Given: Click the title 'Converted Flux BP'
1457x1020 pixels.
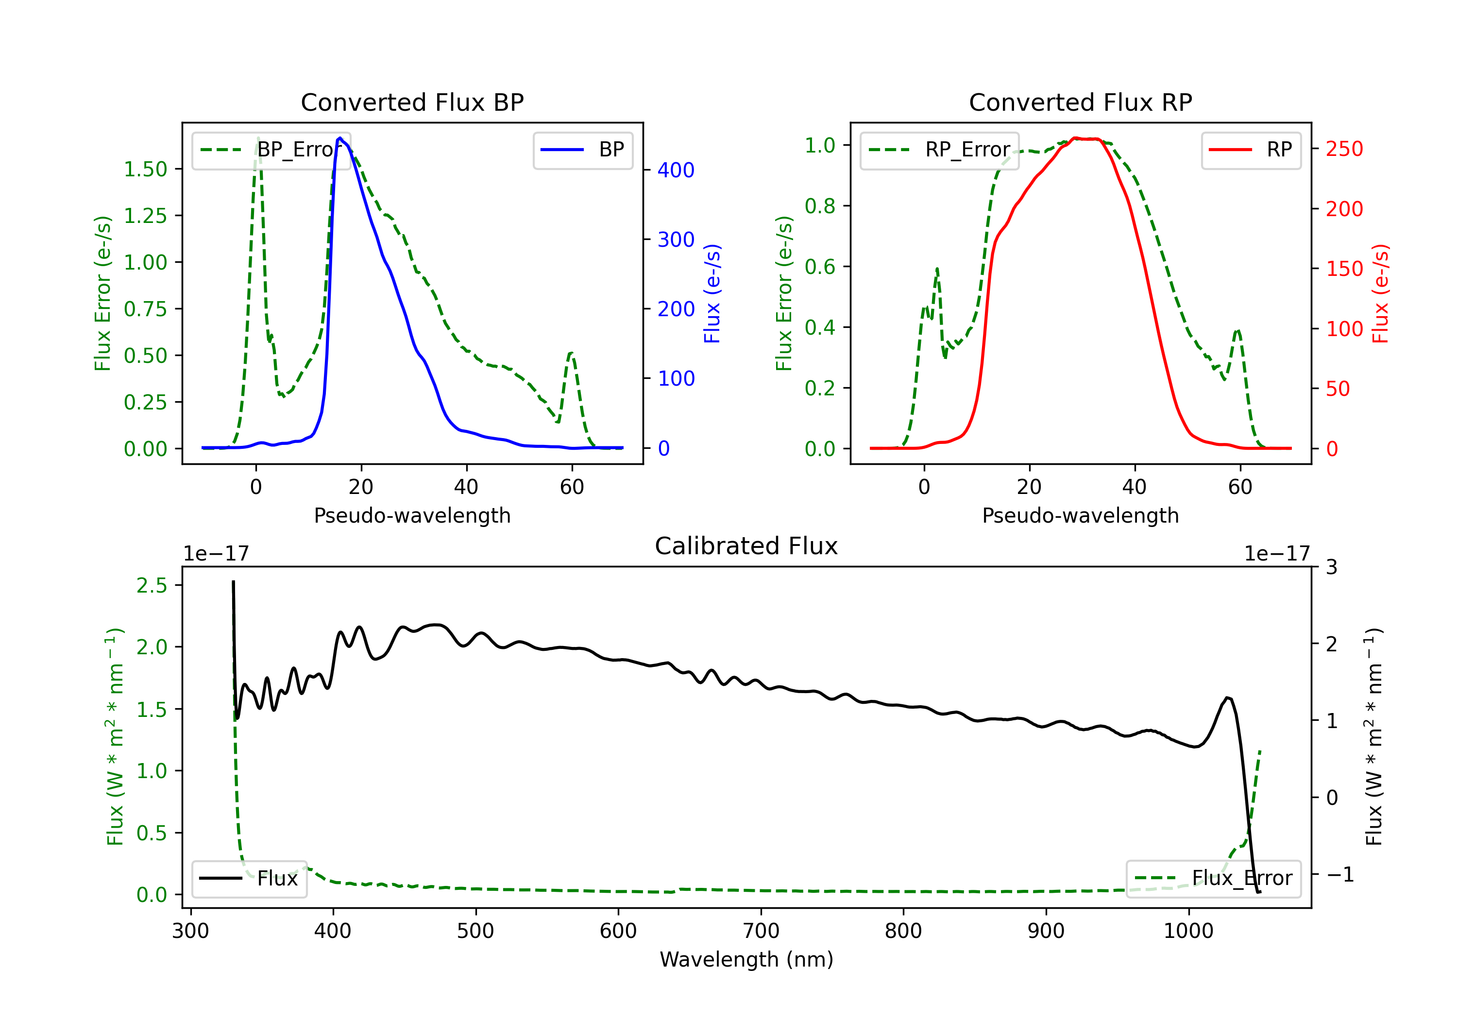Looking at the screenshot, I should (x=412, y=102).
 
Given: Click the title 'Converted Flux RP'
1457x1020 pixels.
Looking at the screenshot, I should (x=1080, y=102).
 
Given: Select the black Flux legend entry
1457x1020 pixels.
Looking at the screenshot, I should (x=249, y=879).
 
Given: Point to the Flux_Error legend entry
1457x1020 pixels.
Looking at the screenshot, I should (x=1213, y=879).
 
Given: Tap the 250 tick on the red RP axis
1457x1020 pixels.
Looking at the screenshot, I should (x=1344, y=149).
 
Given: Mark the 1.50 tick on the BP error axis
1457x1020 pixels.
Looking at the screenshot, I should (x=145, y=170).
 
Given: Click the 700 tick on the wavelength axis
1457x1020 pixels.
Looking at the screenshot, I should (x=761, y=931).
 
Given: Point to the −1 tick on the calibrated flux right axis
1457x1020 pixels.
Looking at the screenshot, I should (x=1339, y=875).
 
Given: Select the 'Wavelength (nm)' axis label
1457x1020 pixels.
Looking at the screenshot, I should (x=746, y=960).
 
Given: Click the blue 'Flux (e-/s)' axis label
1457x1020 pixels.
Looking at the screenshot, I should (x=712, y=293).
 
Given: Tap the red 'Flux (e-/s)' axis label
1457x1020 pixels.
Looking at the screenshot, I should (x=1380, y=293).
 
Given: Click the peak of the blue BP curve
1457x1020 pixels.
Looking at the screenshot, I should (x=340, y=138).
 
